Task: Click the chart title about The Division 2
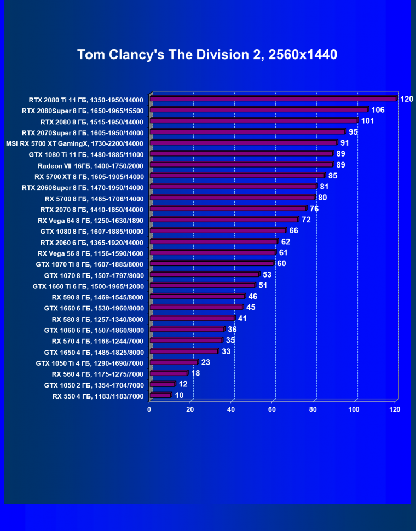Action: [207, 55]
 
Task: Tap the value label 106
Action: [378, 110]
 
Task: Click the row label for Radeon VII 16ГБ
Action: [90, 166]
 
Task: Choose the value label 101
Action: [367, 121]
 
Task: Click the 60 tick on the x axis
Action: [272, 409]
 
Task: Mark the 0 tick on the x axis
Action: [149, 409]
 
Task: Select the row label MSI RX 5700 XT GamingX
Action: [74, 144]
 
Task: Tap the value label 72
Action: [306, 220]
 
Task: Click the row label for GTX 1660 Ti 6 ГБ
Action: [88, 286]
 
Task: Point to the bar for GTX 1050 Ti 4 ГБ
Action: [173, 362]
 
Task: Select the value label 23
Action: [206, 362]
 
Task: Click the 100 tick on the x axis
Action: [354, 409]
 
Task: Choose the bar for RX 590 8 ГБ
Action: [197, 296]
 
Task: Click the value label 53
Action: [267, 274]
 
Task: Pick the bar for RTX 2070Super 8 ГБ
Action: [247, 132]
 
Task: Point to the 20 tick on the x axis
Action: [190, 409]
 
